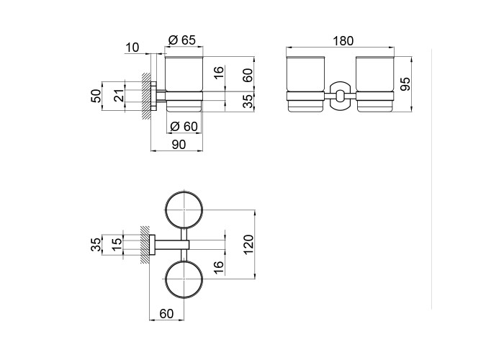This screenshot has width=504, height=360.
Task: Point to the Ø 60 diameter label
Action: tap(183, 127)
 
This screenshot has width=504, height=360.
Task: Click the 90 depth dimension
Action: tap(178, 145)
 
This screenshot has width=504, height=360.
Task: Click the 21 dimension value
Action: tap(120, 94)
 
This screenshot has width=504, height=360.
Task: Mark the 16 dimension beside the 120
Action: tap(219, 268)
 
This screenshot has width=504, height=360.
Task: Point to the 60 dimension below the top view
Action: tap(166, 312)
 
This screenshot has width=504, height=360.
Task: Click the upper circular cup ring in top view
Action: tap(185, 211)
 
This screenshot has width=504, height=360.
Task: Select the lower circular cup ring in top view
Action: tap(185, 280)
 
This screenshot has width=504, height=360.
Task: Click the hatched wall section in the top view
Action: tap(146, 246)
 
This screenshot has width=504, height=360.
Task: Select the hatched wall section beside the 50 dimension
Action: tap(146, 94)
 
